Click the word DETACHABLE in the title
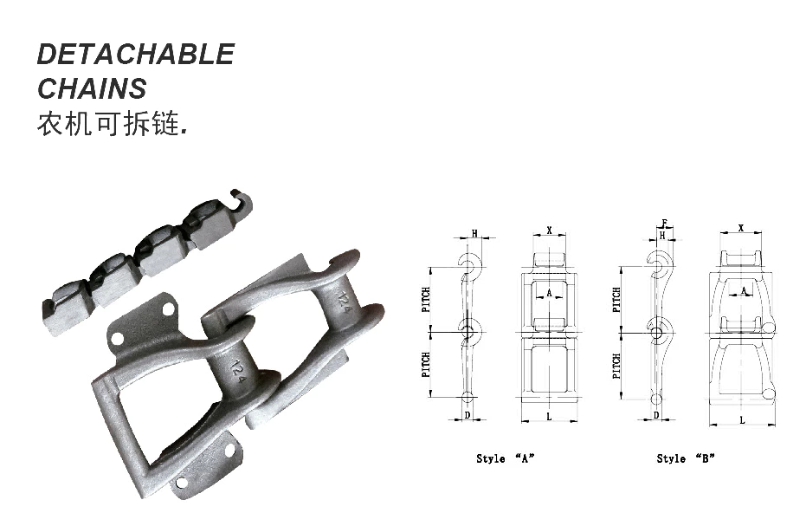135,55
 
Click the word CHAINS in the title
92,88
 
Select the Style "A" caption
505,458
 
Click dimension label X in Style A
549,231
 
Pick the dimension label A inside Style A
549,294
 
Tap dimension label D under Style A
467,415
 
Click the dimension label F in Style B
663,224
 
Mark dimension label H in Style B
662,235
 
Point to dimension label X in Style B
741,227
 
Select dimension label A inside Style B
744,292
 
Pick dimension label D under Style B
656,415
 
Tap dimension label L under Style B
741,419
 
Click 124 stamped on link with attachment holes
235,371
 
